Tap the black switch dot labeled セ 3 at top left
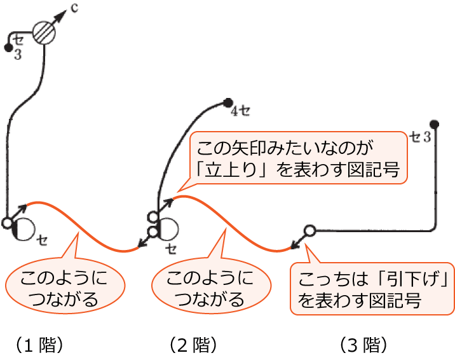point(8,47)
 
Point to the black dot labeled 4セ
point(227,102)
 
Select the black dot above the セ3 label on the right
point(434,123)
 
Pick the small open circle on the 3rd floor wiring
point(309,230)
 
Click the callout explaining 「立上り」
point(299,158)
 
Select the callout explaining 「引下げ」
point(372,289)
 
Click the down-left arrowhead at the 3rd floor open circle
point(294,244)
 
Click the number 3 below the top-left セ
point(17,55)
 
